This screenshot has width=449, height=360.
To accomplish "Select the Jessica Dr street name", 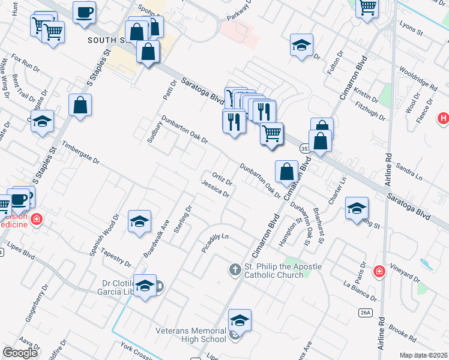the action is click(x=216, y=189).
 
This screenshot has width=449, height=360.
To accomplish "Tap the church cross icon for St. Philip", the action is click(x=235, y=270).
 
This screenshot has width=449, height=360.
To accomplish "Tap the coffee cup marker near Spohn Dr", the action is click(x=84, y=12).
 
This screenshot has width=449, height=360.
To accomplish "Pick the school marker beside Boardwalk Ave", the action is click(x=139, y=222).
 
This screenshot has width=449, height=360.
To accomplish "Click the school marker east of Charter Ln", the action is click(x=357, y=208).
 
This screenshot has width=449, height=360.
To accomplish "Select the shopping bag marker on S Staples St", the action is click(x=80, y=106).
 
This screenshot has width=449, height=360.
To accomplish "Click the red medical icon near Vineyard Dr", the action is click(x=379, y=272).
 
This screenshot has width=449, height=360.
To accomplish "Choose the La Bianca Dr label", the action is click(x=359, y=290).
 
